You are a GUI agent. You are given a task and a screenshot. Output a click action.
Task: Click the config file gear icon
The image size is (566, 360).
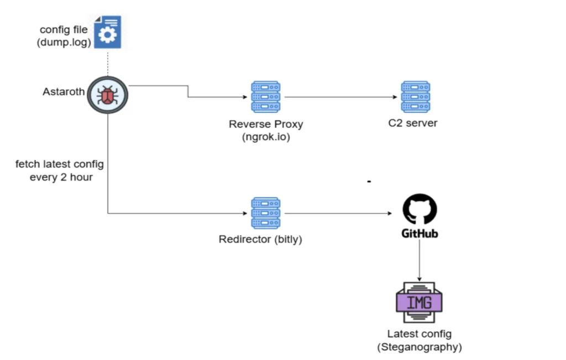click(108, 32)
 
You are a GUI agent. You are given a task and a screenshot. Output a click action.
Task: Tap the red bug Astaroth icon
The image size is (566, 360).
click(108, 95)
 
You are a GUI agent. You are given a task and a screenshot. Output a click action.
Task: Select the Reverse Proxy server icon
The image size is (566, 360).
click(266, 97)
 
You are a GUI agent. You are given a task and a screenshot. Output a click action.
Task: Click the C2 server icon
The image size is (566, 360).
click(416, 97)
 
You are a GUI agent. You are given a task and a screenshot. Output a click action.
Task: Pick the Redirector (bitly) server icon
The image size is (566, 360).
click(266, 213)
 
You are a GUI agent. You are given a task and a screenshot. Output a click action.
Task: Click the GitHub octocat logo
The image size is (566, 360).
click(420, 209)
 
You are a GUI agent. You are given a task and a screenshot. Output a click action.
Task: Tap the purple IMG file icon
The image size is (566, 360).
click(419, 302)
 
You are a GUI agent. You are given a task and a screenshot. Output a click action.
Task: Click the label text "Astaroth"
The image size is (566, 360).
click(64, 92)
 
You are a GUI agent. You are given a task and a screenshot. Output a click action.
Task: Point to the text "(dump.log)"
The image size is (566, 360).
click(64, 42)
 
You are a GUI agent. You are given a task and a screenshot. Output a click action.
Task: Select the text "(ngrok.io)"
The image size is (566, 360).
click(266, 137)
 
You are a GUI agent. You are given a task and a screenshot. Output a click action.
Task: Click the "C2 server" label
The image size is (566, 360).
click(413, 123)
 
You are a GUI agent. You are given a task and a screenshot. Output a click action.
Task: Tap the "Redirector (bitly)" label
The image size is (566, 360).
click(260, 239)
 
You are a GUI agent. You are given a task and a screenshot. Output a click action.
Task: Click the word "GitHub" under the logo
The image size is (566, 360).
click(420, 233)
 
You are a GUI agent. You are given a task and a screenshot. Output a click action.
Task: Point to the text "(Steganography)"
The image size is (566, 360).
click(420, 347)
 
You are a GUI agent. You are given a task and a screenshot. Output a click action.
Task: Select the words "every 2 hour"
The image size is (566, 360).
click(61, 178)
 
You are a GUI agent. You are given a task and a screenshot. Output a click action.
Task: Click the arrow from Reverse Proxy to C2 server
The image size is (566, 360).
click(340, 97)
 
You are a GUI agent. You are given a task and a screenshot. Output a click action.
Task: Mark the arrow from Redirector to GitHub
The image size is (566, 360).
click(338, 213)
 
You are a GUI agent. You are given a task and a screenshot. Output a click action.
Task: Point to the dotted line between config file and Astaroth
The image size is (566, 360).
click(108, 64)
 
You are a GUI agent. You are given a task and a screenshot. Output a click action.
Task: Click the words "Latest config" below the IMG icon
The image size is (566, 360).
click(420, 334)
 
